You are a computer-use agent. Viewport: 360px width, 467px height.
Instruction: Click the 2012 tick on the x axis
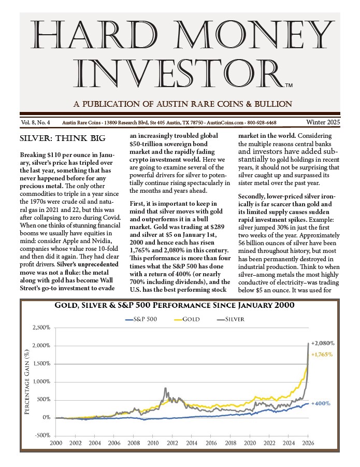172,443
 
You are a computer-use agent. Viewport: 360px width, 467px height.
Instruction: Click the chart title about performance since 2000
175,306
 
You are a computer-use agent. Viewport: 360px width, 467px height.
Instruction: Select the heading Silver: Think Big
62,138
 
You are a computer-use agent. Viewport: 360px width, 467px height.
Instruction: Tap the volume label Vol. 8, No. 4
36,123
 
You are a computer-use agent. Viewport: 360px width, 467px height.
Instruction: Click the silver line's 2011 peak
165,388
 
